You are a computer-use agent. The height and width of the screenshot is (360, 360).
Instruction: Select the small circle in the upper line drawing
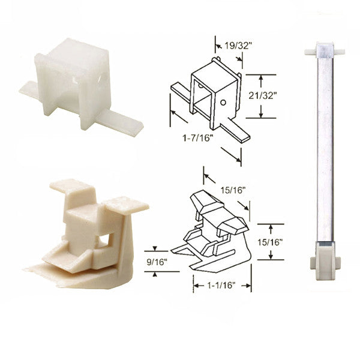pyautogui.click(x=223, y=103)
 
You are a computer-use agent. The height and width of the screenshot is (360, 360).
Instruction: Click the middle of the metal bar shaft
pyautogui.click(x=324, y=150)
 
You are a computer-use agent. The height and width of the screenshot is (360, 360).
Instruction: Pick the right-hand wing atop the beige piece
pyautogui.click(x=126, y=204)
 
